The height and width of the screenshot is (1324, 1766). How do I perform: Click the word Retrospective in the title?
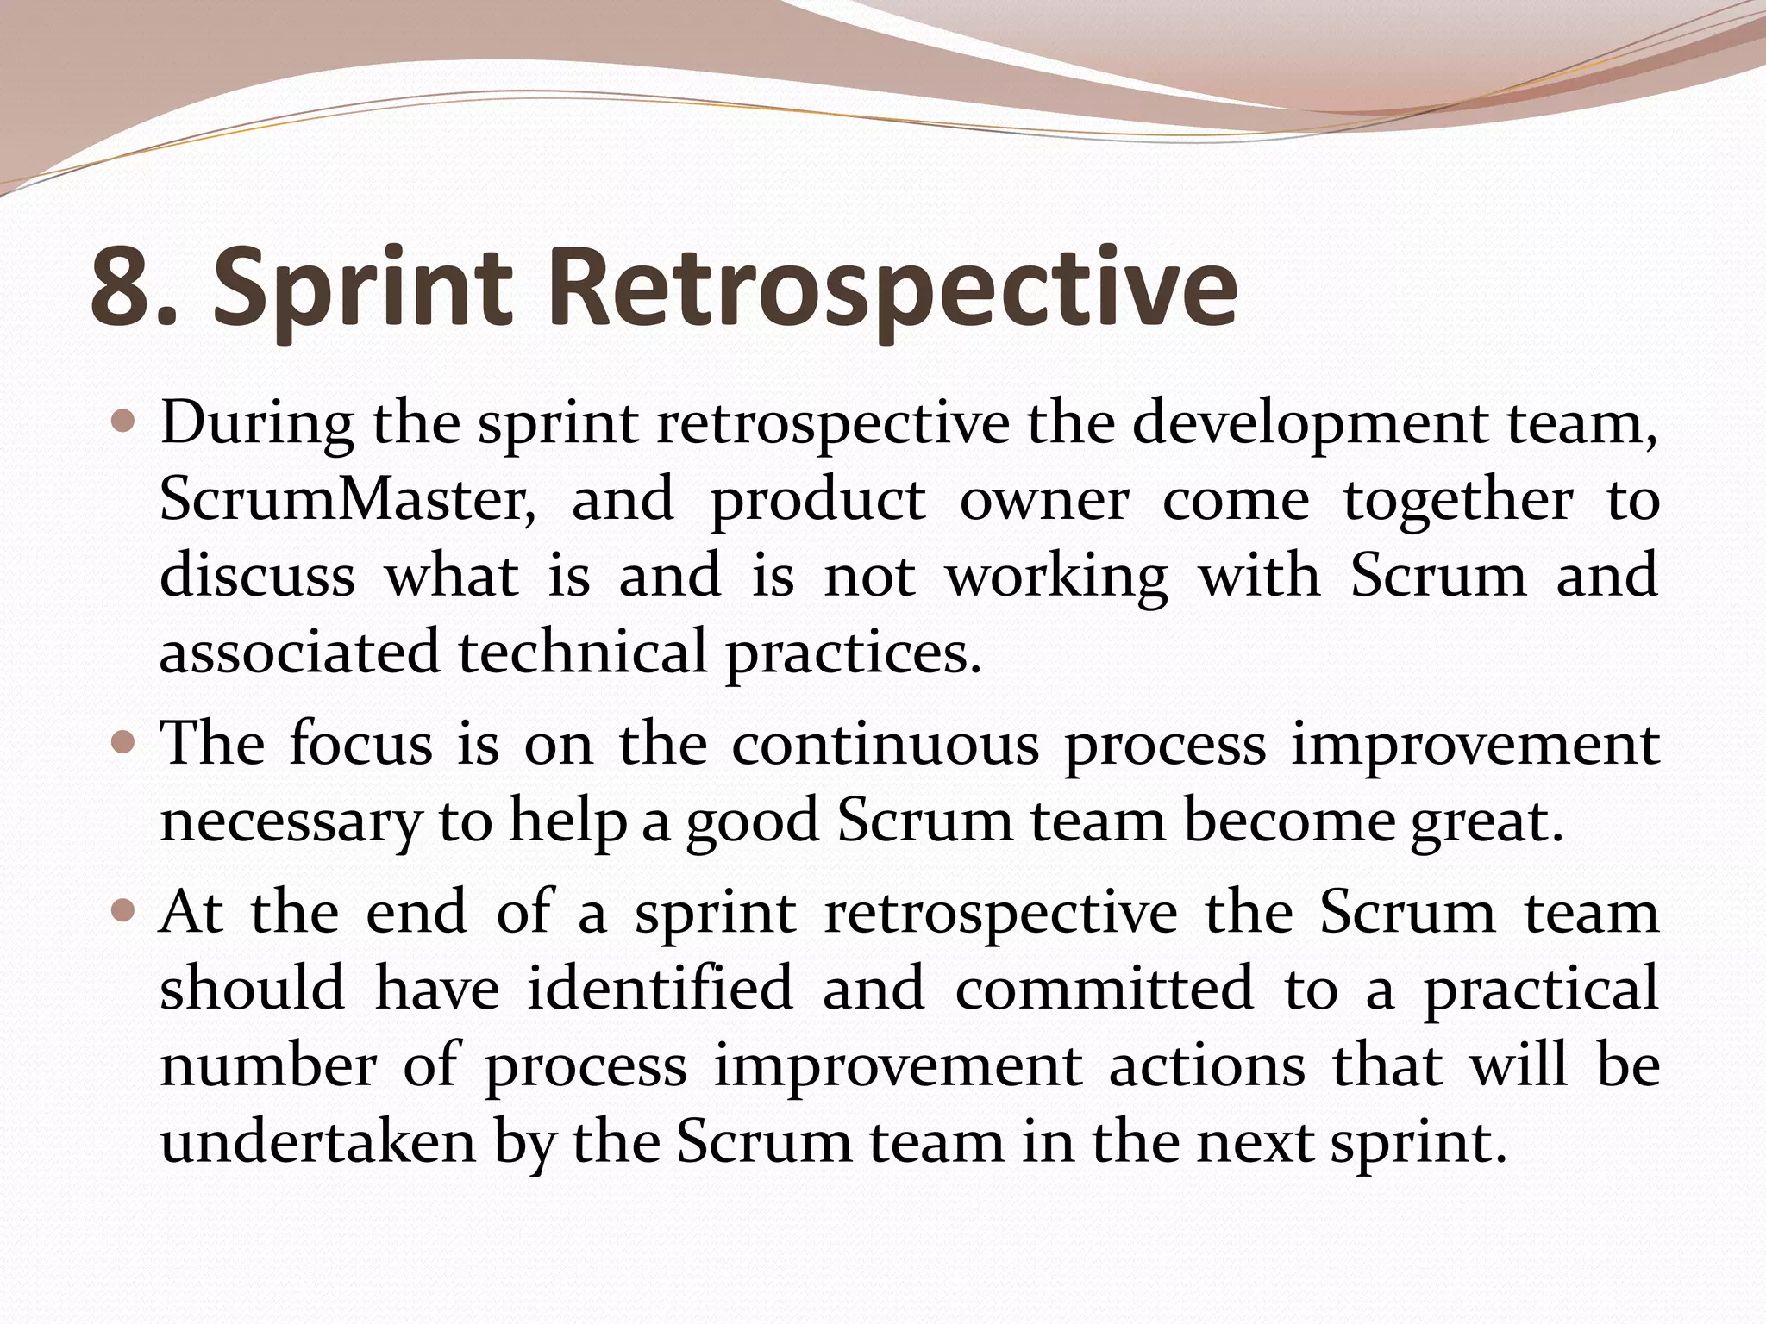pos(892,288)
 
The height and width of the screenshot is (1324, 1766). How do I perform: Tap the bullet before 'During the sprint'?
pos(123,422)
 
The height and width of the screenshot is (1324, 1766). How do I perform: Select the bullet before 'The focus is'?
pos(123,742)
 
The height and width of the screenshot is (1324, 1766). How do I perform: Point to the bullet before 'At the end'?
pos(123,910)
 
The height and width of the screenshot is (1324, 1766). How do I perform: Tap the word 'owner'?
pos(1044,500)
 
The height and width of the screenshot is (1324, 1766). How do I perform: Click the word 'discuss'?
pos(257,575)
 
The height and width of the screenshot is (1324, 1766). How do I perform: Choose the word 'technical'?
pos(582,652)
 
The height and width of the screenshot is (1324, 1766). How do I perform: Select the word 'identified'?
pos(661,988)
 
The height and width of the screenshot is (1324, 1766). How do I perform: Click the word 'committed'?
pos(1104,988)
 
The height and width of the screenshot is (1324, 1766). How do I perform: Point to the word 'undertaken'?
pos(318,1142)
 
